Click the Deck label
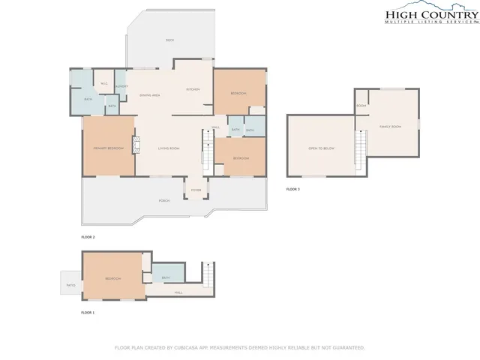[169, 39]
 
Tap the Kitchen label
[193, 90]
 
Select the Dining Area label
[150, 96]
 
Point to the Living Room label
[169, 148]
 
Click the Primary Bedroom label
[108, 148]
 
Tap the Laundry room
[121, 88]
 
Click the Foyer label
[196, 190]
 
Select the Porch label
[164, 201]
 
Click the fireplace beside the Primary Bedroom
[137, 145]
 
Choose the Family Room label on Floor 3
[390, 127]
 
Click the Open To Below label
[319, 148]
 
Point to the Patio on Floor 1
[70, 285]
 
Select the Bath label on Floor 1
[166, 278]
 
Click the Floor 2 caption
[88, 237]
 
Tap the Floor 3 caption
[292, 190]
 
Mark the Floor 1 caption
[88, 312]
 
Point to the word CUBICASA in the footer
[195, 348]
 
